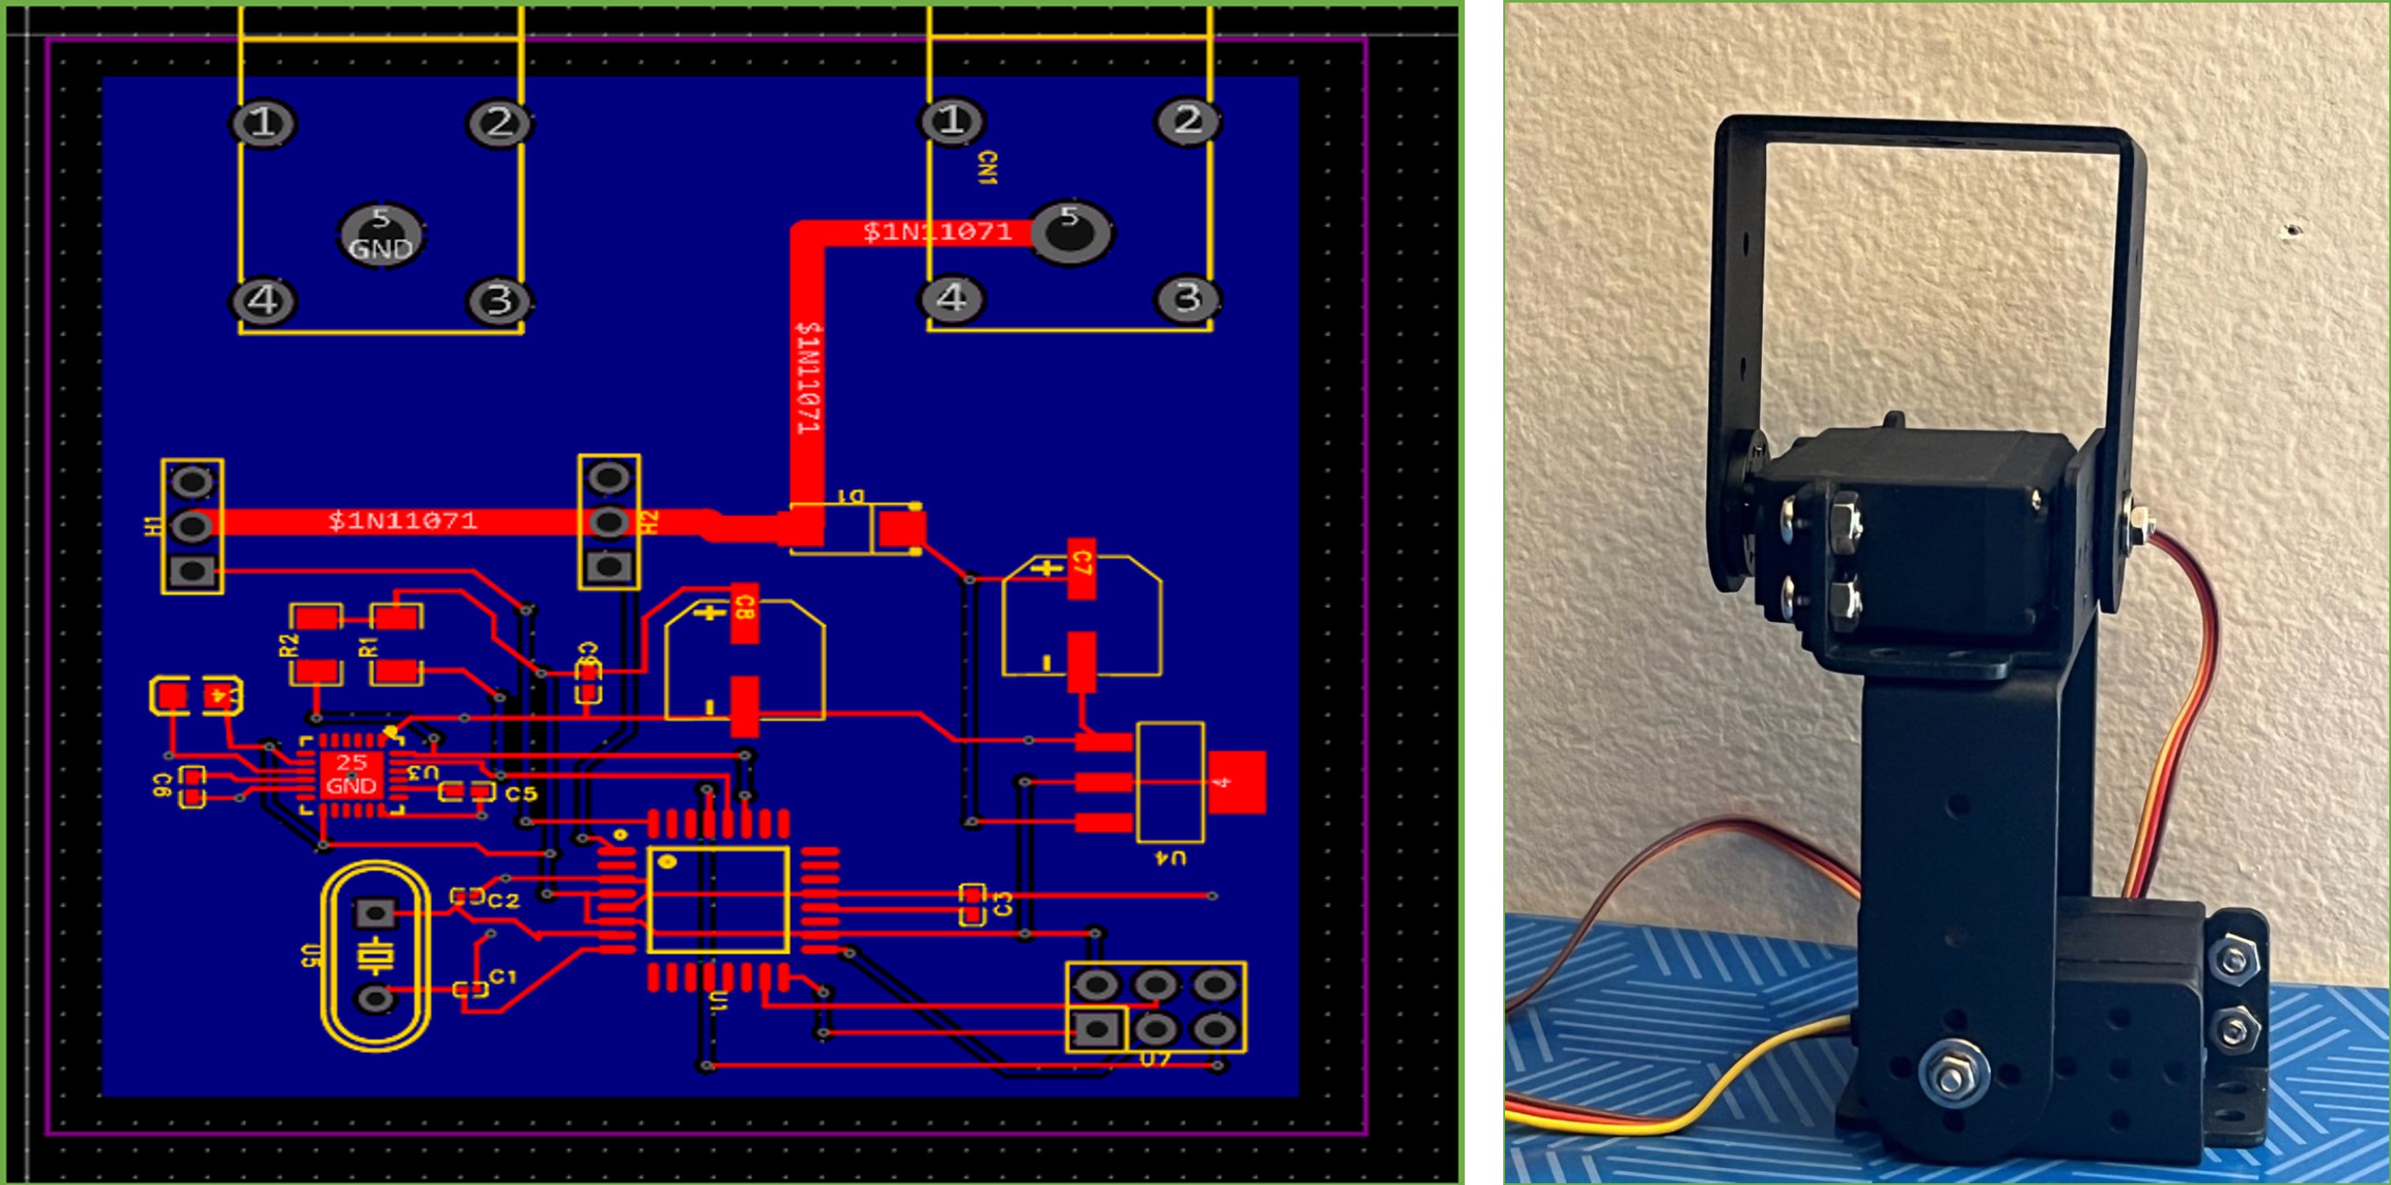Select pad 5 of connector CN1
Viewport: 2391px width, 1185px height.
1072,231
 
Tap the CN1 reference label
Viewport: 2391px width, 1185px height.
987,172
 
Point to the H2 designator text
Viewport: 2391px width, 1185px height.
651,522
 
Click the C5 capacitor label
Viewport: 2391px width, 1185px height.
520,794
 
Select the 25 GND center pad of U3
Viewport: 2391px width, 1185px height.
351,775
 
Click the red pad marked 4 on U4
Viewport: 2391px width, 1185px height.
1235,782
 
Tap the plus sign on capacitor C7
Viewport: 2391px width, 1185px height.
1049,569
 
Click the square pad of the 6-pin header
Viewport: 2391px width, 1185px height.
1096,1028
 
